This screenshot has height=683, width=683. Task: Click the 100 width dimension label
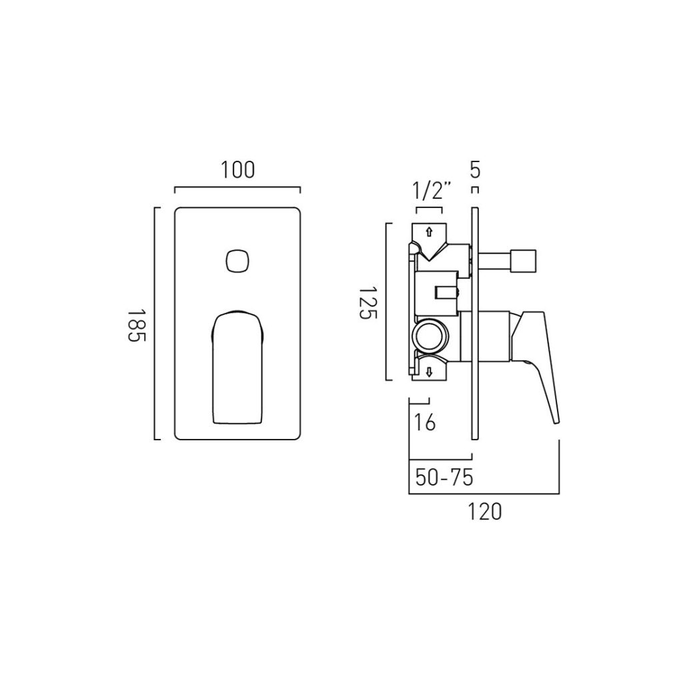237,170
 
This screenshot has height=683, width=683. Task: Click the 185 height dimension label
136,325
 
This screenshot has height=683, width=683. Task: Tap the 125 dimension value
368,303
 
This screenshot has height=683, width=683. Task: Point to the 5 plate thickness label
475,170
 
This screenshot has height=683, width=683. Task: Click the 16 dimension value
425,422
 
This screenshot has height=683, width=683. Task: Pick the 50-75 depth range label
444,478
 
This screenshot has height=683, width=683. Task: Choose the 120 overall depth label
485,512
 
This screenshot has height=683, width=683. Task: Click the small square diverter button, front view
238,261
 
